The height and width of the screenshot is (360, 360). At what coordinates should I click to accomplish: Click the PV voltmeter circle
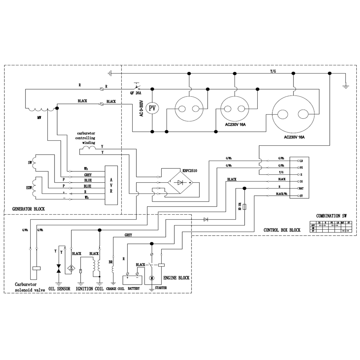coord(152,108)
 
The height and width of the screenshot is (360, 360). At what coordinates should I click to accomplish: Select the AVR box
coord(111,185)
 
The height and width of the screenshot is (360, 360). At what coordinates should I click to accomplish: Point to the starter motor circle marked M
coord(152,278)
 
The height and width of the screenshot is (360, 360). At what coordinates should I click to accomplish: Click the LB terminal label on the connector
coord(301,161)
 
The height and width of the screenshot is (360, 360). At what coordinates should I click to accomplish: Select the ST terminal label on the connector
coord(301,196)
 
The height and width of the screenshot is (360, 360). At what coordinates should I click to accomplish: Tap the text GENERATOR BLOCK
coord(28,209)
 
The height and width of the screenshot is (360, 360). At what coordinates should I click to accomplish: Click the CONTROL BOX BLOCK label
coord(282,230)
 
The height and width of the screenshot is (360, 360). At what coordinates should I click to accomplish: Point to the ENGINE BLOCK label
coord(176,278)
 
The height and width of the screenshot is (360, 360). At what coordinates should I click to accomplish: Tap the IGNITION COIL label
coord(90,289)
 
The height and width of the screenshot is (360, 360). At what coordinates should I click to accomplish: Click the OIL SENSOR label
coord(59,289)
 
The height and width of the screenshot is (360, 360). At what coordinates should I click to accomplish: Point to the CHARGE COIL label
coord(115,289)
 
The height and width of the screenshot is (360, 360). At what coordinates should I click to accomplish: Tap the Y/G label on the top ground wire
coord(273,71)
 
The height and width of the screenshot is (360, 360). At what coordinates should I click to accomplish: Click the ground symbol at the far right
coord(346,86)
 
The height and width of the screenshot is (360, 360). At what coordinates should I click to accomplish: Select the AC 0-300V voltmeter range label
coord(142,108)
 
